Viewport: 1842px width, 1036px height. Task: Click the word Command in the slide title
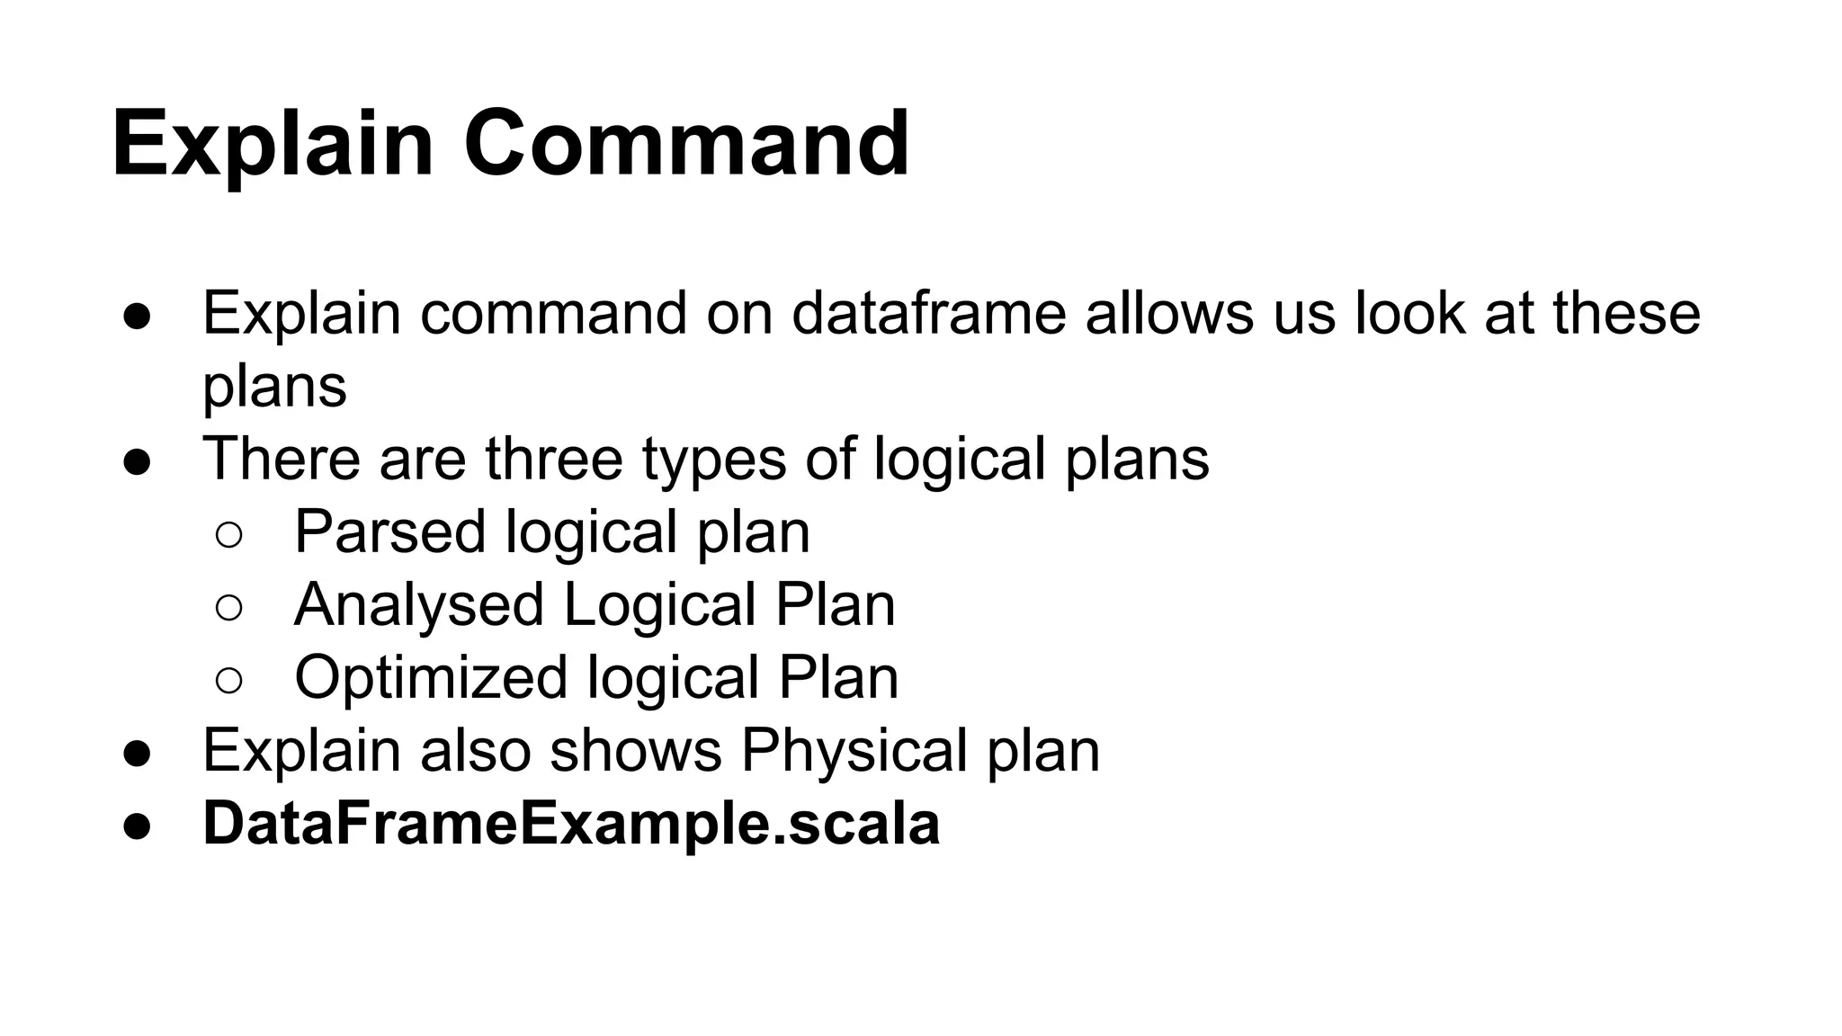click(686, 144)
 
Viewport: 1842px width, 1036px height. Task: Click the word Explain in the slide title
click(273, 144)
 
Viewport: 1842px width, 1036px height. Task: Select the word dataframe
click(928, 313)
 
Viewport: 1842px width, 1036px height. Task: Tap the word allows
click(1169, 313)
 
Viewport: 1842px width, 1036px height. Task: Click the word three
click(553, 459)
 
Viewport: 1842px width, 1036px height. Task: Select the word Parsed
click(389, 531)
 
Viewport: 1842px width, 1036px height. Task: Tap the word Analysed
click(419, 605)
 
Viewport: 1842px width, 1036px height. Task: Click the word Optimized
click(431, 678)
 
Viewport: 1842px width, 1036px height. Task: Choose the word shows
click(636, 751)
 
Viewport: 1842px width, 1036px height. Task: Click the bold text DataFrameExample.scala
click(571, 824)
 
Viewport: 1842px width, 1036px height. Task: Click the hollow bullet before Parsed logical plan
click(229, 535)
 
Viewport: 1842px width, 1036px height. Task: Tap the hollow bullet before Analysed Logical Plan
click(229, 608)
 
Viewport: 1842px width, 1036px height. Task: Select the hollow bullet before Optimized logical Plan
click(229, 681)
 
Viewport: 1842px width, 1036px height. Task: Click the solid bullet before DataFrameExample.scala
click(137, 826)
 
